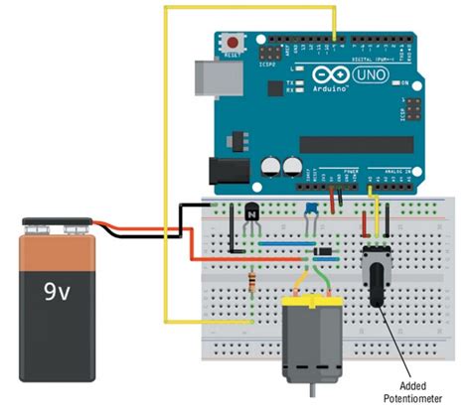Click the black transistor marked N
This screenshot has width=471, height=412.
[x=254, y=212]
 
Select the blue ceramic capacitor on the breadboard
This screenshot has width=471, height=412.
[x=311, y=207]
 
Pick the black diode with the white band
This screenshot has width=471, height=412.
[x=321, y=252]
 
